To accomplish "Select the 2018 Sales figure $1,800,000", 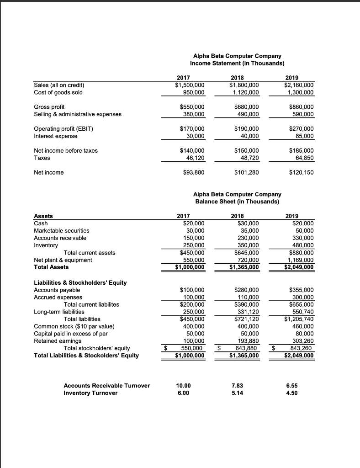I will (x=244, y=85).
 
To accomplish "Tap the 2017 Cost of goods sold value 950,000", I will (x=194, y=92).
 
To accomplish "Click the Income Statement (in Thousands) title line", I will (x=237, y=63).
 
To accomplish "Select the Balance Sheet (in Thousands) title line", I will (x=237, y=202).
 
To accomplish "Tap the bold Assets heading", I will (x=43, y=216).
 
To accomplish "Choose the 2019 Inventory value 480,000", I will (x=302, y=245).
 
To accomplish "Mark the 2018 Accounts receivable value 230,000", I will (x=247, y=238).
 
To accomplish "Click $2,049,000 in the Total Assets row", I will (x=299, y=267).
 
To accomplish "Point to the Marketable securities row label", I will (x=62, y=231).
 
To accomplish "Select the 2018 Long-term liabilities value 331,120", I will (x=247, y=312).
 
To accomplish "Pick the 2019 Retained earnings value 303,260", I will (x=302, y=341).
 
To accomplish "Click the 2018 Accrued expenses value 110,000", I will (x=247, y=297).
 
